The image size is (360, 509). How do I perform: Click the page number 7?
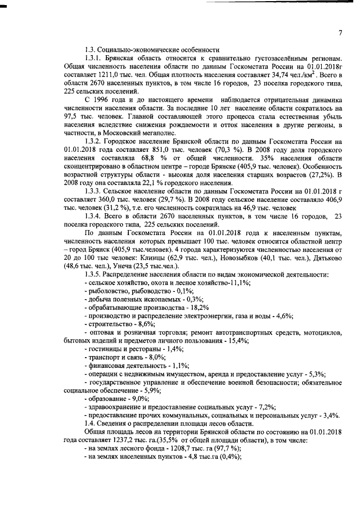point(340,32)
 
